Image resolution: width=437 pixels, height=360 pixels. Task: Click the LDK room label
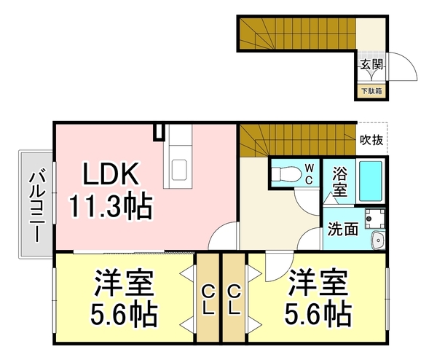109,174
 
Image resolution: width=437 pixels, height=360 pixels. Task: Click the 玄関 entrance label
371,65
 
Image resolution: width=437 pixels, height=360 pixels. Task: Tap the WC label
309,174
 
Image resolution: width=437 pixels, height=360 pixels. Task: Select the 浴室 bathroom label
340,183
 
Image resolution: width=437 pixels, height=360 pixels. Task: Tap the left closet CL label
208,300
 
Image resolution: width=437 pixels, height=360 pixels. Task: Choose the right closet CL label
235,300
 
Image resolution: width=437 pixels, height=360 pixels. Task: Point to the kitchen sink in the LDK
178,171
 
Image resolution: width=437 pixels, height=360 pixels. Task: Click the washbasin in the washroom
377,243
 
